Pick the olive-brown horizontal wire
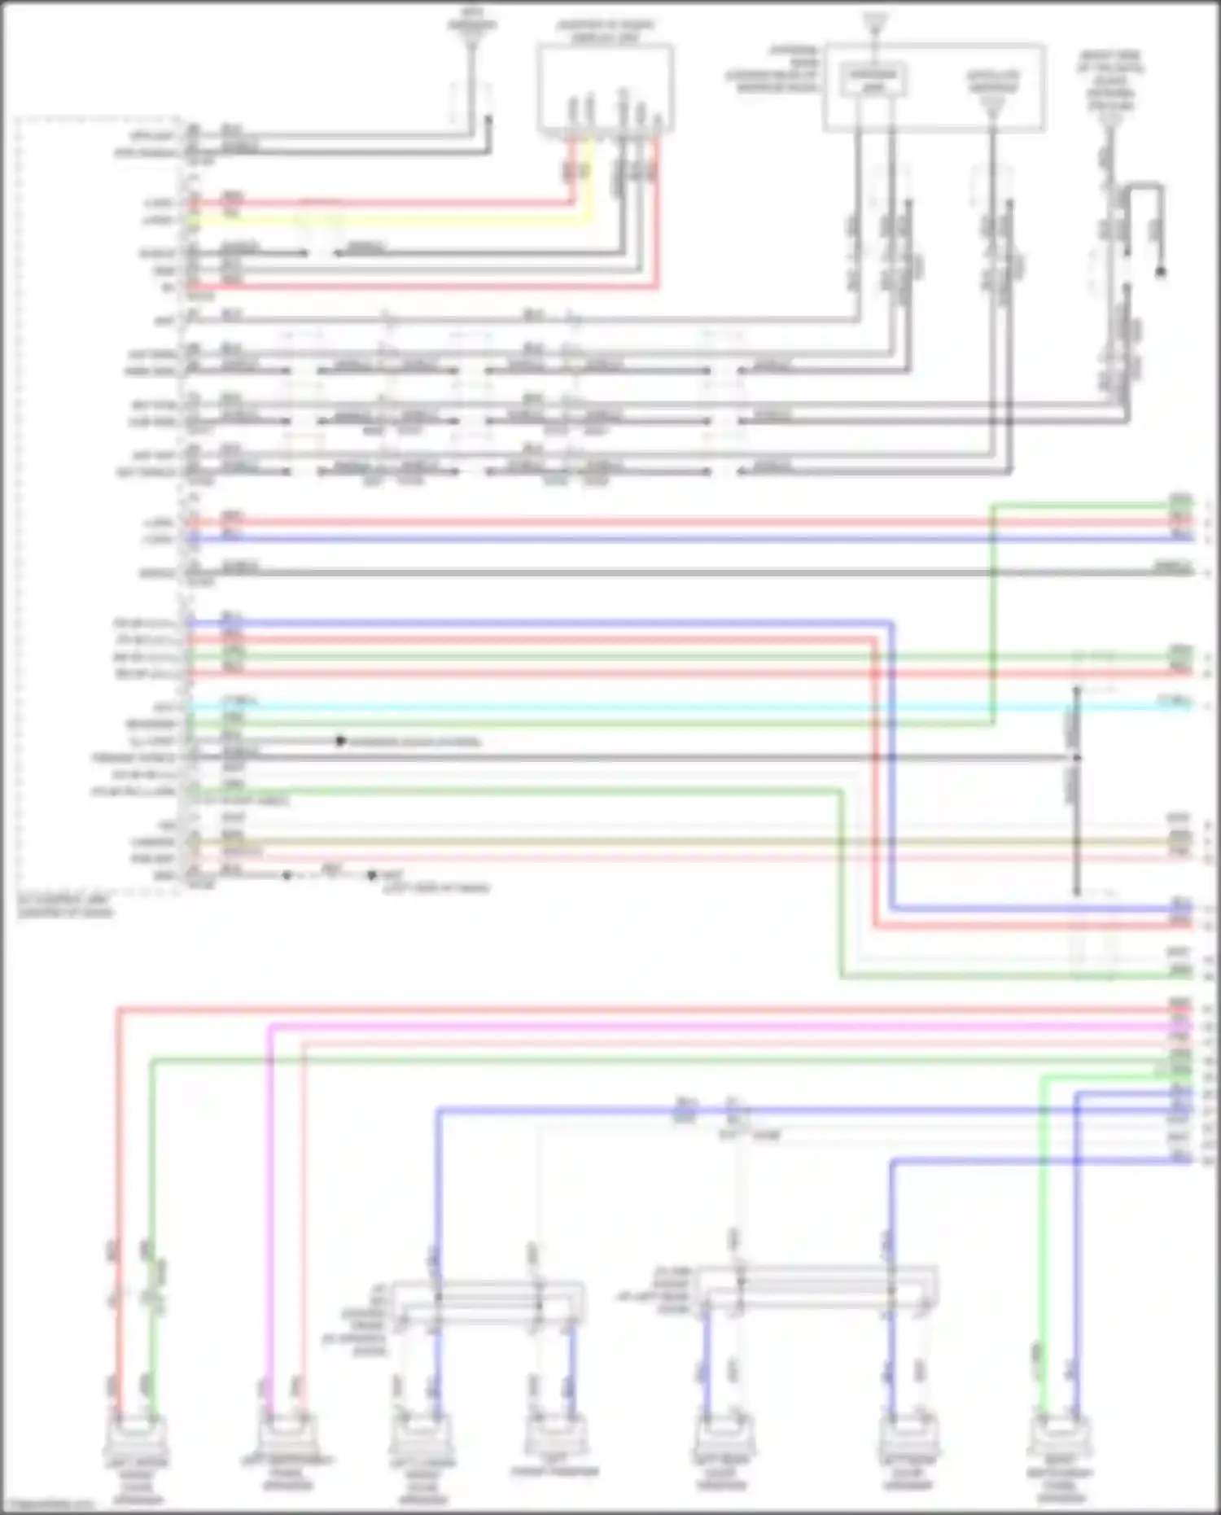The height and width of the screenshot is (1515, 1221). (651, 842)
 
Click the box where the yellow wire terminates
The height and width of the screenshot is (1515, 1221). (605, 88)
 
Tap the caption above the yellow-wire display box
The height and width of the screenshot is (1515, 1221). (605, 31)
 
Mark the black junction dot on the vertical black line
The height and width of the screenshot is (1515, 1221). (1076, 757)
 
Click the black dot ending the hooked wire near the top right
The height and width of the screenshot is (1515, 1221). (1161, 271)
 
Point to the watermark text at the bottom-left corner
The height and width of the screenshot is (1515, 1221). (49, 1506)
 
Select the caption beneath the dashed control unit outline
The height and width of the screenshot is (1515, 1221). (65, 906)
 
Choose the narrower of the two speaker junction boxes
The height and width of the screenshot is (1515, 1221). (488, 1301)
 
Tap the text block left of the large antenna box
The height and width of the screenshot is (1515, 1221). (773, 69)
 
